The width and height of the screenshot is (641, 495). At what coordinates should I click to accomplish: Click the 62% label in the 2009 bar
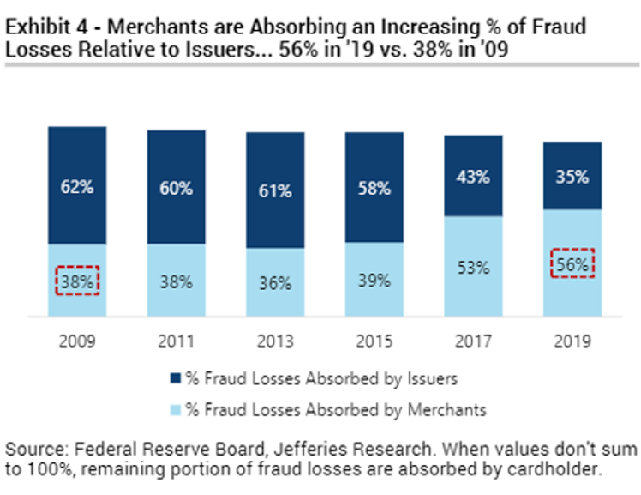click(x=76, y=186)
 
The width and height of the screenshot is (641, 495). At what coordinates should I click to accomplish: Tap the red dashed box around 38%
click(x=77, y=280)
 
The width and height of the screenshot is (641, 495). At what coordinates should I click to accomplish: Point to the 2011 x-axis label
click(x=176, y=341)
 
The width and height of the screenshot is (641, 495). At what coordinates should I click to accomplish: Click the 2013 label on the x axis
click(x=275, y=341)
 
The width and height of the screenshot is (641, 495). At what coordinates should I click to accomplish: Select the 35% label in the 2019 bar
click(x=572, y=178)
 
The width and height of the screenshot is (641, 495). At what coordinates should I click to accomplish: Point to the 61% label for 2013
click(x=275, y=190)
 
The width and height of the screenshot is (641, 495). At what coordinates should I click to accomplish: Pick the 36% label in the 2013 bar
click(x=275, y=281)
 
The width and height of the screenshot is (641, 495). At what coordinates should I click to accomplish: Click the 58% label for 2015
click(x=374, y=187)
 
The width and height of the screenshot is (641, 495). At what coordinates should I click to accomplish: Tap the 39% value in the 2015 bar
click(x=374, y=280)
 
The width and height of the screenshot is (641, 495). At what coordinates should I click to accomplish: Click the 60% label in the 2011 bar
click(x=176, y=188)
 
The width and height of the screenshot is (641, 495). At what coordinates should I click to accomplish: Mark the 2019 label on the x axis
click(x=572, y=341)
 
